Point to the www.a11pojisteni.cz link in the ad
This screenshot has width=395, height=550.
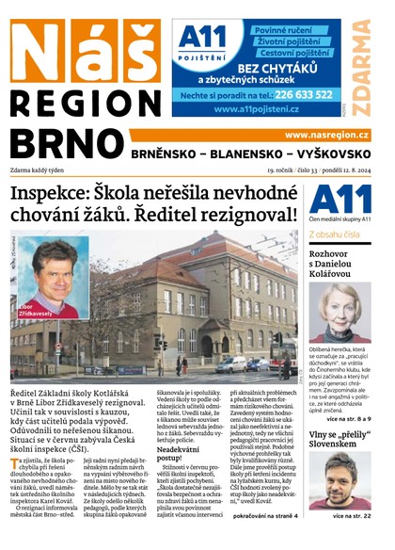256,109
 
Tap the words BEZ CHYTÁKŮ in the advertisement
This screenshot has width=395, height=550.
276,68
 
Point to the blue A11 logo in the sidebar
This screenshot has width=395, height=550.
337,199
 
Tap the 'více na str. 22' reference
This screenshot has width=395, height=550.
358,516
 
